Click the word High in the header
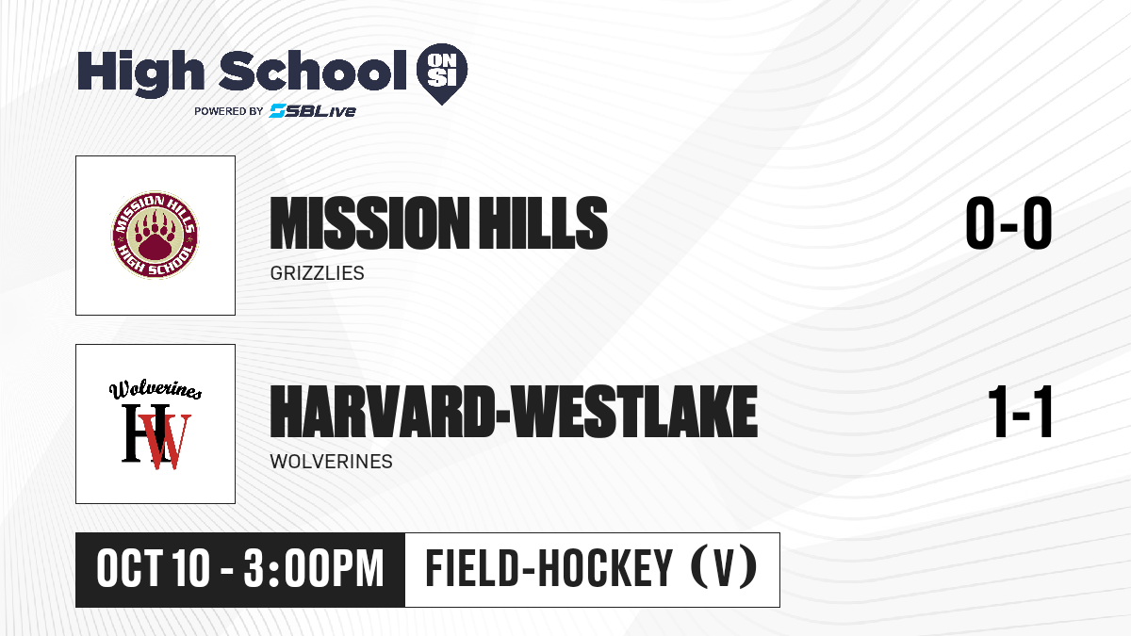click(141, 73)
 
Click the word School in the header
click(313, 71)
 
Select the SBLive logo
click(313, 111)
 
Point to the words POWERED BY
click(229, 111)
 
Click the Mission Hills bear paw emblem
click(155, 235)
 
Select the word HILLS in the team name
click(543, 223)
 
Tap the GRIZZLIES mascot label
click(317, 273)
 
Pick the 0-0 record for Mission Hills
click(1008, 223)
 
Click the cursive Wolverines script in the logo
click(156, 390)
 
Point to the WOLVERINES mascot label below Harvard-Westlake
click(331, 462)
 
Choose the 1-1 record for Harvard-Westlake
click(1020, 412)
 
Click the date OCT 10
click(153, 569)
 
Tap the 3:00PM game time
click(314, 569)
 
